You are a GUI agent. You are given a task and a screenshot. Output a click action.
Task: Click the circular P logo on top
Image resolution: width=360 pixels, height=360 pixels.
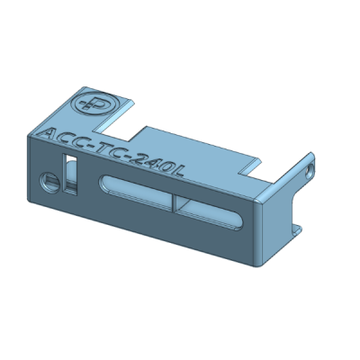click(x=94, y=103)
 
